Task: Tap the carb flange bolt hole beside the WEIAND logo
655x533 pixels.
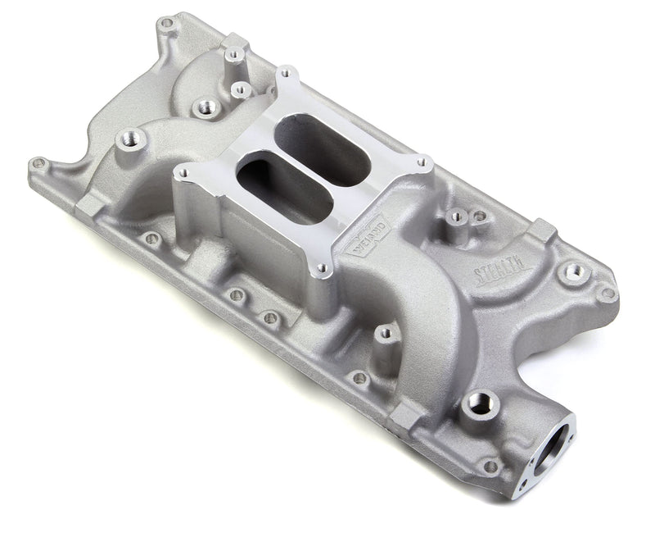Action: (323, 267)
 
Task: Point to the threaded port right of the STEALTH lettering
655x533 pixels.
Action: (574, 271)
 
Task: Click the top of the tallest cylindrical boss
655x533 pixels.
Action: (233, 56)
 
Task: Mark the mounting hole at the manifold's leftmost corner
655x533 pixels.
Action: (38, 164)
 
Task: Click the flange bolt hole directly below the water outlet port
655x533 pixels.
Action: (490, 466)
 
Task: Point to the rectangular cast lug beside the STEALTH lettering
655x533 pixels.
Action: (540, 232)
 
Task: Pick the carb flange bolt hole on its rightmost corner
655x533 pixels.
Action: (423, 164)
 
